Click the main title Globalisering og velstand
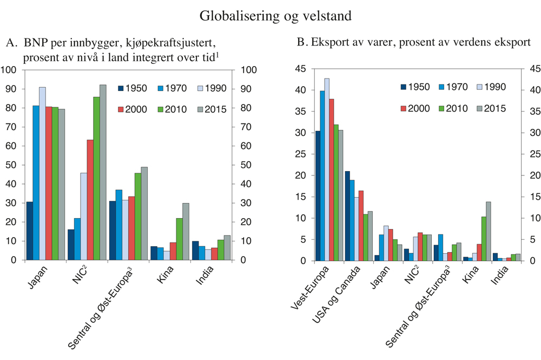[x=276, y=16]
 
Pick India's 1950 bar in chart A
[x=195, y=251]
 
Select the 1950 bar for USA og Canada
[x=347, y=216]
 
